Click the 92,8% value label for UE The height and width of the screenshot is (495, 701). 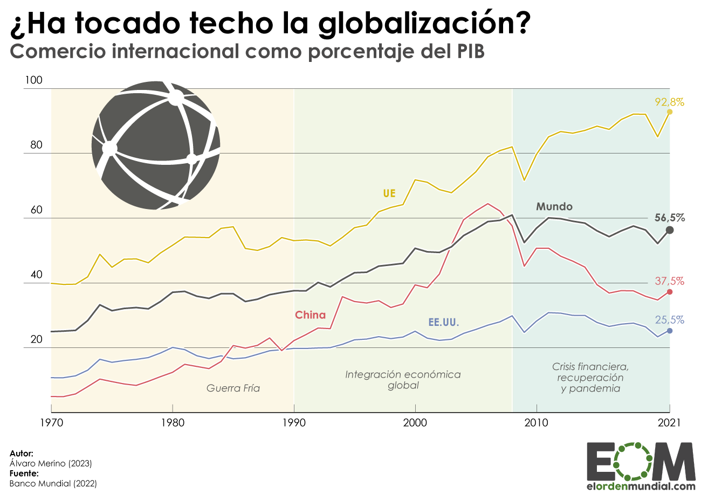tap(669, 102)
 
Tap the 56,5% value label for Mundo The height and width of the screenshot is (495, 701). tap(669, 218)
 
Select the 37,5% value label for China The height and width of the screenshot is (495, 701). tap(669, 281)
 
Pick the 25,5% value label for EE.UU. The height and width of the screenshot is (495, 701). tap(669, 320)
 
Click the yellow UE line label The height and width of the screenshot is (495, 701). tap(389, 193)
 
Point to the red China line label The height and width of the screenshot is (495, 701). tap(310, 315)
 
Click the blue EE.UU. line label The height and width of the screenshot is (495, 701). tap(443, 323)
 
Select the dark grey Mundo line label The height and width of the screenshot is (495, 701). tap(554, 206)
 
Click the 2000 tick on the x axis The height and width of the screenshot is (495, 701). tap(415, 423)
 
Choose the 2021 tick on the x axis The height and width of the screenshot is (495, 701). tap(670, 423)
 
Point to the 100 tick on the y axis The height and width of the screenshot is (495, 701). tap(33, 81)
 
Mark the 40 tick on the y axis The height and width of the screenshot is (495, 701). tap(33, 275)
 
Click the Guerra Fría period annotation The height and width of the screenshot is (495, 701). tap(233, 388)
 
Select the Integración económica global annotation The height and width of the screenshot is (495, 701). tap(403, 380)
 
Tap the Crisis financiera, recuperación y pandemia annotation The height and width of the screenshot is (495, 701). tap(590, 377)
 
